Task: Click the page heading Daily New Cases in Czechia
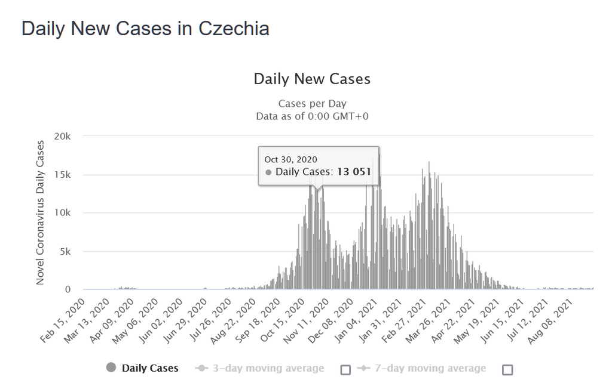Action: (145, 29)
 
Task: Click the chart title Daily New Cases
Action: (312, 79)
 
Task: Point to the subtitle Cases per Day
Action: (312, 104)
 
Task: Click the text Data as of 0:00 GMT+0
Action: (312, 116)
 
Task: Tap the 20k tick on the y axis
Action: (62, 137)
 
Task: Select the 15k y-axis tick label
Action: (62, 175)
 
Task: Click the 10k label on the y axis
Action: (62, 213)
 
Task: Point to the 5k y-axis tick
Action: (65, 251)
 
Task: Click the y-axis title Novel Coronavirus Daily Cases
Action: (41, 213)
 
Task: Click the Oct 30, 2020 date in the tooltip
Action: (290, 159)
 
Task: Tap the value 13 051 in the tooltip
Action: (353, 172)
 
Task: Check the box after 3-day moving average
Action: (345, 369)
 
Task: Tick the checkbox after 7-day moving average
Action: (507, 369)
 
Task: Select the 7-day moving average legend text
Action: (430, 368)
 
